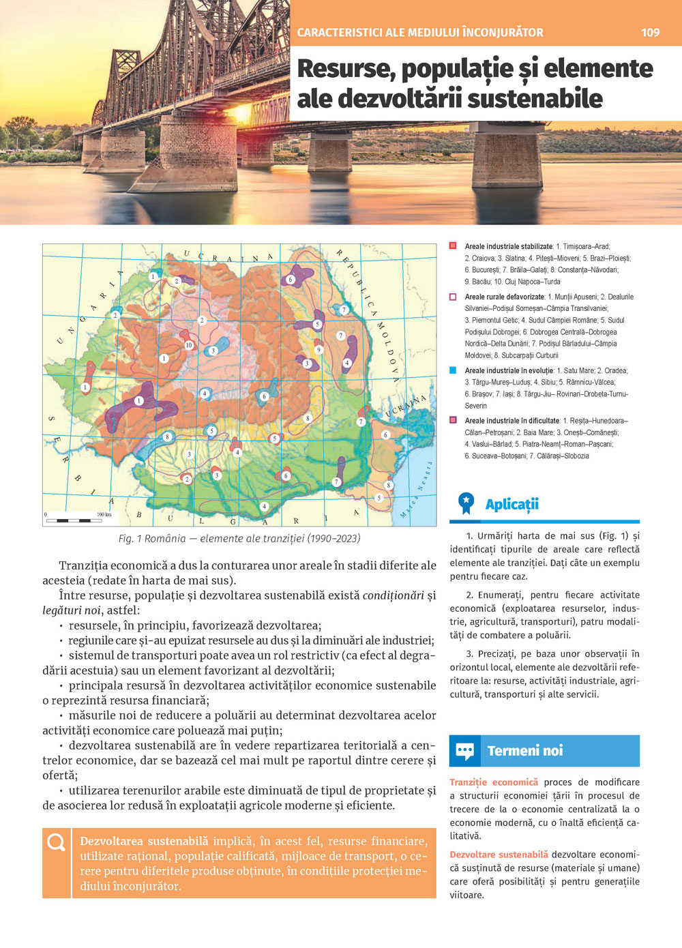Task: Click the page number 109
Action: pos(650,32)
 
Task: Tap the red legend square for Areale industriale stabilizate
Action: pos(453,246)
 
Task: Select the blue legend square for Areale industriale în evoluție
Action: pos(453,370)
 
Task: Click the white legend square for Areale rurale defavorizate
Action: pos(453,297)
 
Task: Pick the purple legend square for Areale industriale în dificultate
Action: pos(453,420)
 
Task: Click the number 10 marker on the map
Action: pos(189,345)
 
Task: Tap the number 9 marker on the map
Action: pos(318,350)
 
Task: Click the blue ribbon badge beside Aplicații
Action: pos(466,503)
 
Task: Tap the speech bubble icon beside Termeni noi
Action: pos(465,752)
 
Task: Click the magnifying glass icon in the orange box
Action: pos(56,843)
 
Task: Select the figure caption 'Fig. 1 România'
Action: pos(239,539)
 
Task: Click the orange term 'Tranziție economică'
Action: pos(494,782)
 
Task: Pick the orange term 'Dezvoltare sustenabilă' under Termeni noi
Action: pos(499,855)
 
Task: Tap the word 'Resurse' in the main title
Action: pos(345,68)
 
